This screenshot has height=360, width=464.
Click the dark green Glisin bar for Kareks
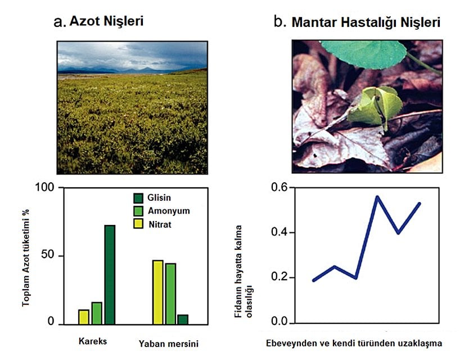109,274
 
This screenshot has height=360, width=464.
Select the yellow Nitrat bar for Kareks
84,317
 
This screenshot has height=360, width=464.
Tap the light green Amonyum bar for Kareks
97,313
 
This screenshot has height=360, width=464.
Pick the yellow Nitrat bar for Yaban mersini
157,292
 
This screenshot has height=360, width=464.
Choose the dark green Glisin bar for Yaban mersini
183,319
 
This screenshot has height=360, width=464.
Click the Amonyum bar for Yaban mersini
170,293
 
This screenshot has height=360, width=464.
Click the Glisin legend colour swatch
138,197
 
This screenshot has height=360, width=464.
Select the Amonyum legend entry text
169,210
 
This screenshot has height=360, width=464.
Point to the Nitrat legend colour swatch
138,224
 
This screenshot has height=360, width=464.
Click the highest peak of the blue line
377,197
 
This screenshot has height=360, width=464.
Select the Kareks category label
93,341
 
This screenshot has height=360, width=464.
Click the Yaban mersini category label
169,343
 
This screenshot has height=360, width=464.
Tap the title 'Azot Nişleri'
106,22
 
